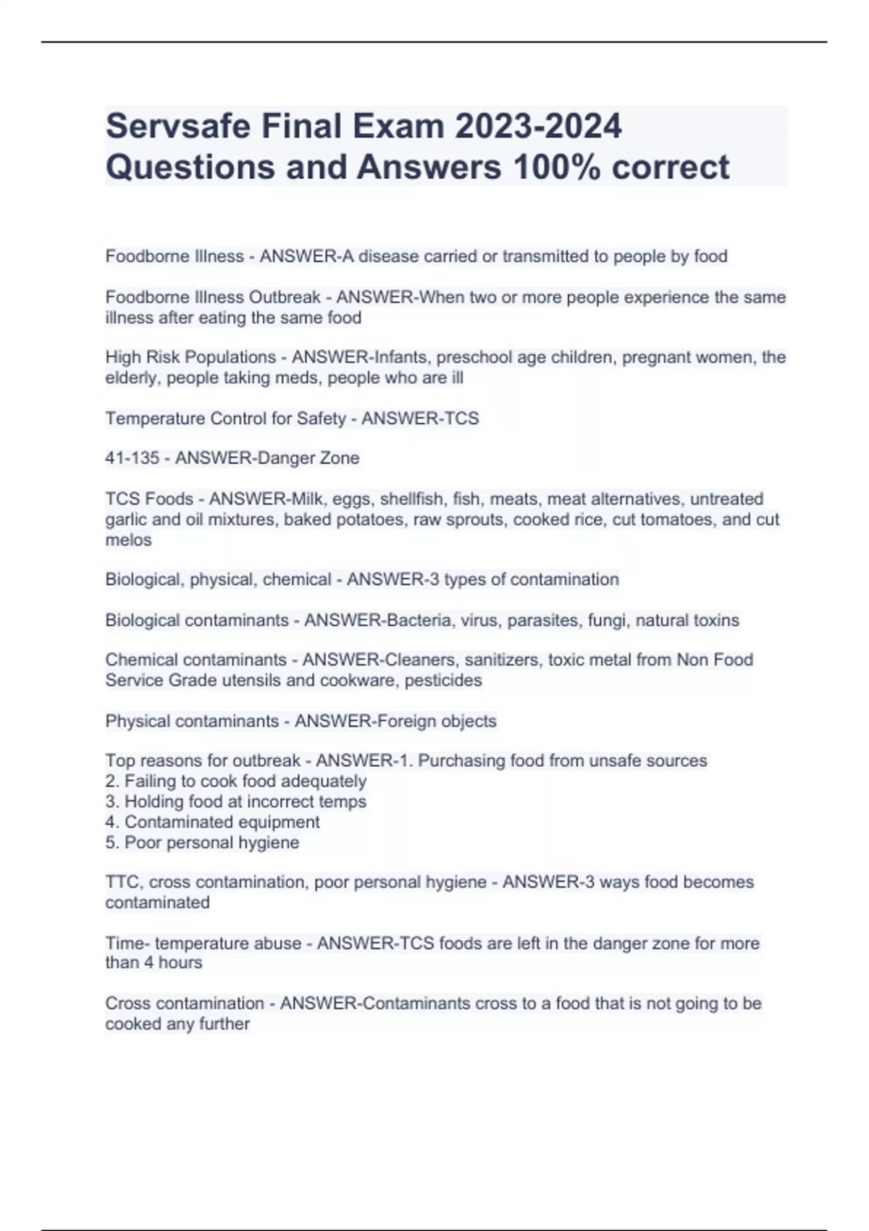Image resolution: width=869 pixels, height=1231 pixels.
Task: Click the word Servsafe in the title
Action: pos(177,127)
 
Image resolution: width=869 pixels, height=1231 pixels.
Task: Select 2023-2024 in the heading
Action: pos(538,127)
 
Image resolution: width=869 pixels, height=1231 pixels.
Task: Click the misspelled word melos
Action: pos(128,540)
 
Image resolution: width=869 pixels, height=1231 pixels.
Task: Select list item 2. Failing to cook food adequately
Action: pos(236,781)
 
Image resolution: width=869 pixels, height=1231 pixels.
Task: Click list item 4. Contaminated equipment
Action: pos(213,822)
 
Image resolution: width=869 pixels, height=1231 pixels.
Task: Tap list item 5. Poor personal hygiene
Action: pos(202,843)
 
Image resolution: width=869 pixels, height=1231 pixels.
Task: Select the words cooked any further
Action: pos(177,1024)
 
